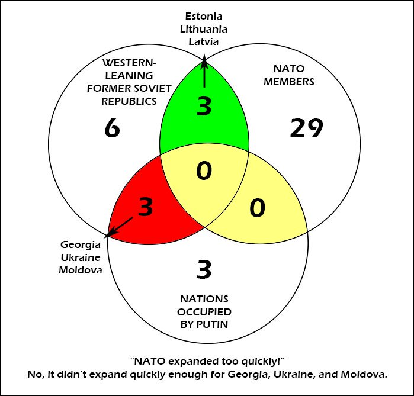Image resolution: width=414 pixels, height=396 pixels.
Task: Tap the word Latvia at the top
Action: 203,41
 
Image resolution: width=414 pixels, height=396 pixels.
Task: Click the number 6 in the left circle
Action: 111,127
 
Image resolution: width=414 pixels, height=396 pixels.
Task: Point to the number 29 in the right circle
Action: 306,128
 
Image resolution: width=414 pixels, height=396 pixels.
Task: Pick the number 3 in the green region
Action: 204,107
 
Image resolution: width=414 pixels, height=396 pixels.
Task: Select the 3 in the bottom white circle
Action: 204,270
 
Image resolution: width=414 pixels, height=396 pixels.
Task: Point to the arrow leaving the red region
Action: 121,228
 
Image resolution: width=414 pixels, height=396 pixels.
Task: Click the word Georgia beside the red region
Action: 81,244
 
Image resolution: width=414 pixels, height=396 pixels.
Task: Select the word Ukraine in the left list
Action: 81,257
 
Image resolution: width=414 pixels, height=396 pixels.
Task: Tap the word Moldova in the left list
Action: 81,271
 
